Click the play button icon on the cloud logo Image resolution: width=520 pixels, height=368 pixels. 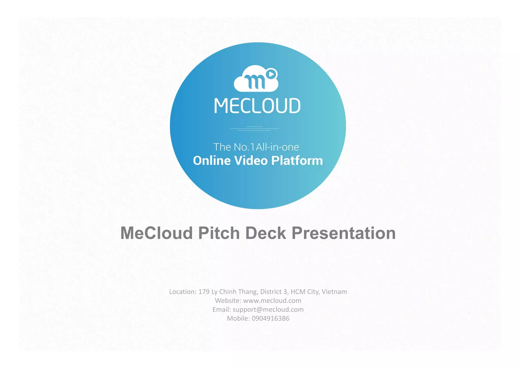point(271,74)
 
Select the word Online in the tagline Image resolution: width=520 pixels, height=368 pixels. point(212,161)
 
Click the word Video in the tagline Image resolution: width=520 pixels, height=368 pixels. point(251,161)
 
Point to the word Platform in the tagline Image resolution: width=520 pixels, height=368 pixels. point(297,161)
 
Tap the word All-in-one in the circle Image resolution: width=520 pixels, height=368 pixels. point(278,147)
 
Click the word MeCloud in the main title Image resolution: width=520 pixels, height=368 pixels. point(156,233)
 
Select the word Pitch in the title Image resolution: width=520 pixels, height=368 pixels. point(219,233)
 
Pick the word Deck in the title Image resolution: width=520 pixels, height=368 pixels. point(266,233)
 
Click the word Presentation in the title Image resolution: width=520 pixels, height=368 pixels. point(344,233)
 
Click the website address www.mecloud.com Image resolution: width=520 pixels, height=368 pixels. point(272,301)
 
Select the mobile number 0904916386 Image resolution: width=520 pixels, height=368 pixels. point(270,318)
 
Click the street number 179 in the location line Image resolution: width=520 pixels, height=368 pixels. point(204,292)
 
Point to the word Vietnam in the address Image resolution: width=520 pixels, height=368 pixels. point(334,292)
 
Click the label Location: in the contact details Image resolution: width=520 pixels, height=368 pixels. point(183,292)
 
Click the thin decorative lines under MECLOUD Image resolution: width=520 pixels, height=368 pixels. point(254,129)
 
